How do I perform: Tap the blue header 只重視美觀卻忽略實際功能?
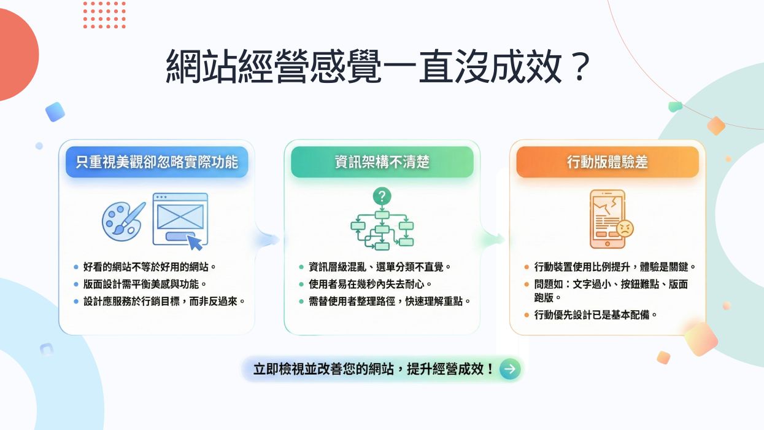click(156, 162)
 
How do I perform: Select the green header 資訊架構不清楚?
click(382, 162)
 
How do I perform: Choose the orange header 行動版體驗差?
click(607, 162)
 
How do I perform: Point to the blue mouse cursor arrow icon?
click(195, 242)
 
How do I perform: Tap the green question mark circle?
click(382, 197)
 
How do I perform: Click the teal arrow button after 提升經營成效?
click(510, 369)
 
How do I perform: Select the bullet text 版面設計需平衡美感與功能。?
click(145, 284)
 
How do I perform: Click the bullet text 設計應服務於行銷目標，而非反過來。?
click(164, 302)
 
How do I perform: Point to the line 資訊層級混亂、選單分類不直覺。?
click(380, 267)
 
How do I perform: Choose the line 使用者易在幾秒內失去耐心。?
click(370, 284)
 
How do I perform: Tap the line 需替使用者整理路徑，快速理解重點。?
click(390, 302)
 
